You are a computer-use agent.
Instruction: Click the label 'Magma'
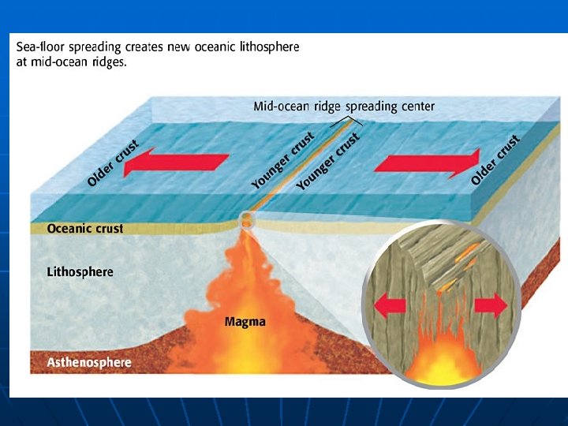(x=245, y=322)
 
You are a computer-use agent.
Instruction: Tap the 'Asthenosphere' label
(x=89, y=364)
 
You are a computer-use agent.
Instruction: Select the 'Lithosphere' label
(x=80, y=272)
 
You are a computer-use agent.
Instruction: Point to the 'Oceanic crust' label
(x=85, y=229)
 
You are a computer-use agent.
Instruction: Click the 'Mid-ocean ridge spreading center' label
(x=343, y=106)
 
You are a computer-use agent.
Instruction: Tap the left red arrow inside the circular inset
(x=390, y=305)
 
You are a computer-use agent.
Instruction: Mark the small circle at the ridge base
(x=248, y=219)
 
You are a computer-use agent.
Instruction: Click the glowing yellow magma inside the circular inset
(x=442, y=362)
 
